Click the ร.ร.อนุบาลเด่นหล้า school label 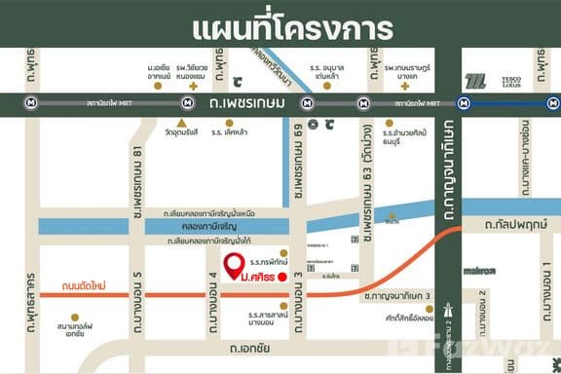[322, 73]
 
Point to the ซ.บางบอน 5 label [137, 282]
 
